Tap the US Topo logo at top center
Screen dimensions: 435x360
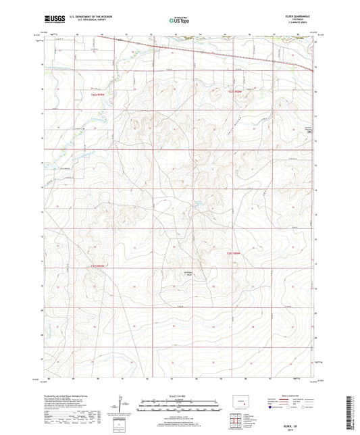[178, 21]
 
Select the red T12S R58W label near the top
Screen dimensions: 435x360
[234, 92]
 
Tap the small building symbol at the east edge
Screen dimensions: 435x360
[310, 132]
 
